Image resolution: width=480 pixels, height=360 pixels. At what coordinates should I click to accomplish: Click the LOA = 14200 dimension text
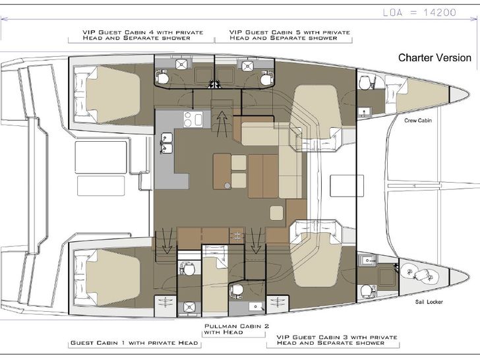click(x=419, y=13)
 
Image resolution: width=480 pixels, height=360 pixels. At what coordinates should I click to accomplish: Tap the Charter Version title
click(x=435, y=57)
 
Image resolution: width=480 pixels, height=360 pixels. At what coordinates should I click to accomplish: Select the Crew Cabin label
click(x=418, y=121)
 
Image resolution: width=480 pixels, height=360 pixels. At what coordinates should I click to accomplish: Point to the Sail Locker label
click(x=429, y=302)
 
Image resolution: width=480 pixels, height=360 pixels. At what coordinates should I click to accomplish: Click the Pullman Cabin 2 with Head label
click(x=237, y=329)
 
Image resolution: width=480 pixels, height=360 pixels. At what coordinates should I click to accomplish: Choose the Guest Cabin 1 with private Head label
click(x=134, y=343)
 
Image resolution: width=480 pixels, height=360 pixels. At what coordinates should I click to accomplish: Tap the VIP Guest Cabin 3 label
click(x=337, y=340)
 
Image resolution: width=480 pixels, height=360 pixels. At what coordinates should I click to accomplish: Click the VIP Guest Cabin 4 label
click(x=142, y=35)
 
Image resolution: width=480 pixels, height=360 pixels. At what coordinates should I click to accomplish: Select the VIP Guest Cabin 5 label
click(x=289, y=35)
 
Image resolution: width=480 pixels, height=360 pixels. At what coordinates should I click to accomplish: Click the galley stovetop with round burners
click(x=193, y=119)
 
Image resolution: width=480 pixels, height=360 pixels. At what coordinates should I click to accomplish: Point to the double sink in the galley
click(x=166, y=143)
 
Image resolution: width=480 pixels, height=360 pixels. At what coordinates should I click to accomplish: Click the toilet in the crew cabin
click(x=365, y=82)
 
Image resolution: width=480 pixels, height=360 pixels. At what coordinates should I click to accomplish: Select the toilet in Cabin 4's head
click(x=162, y=78)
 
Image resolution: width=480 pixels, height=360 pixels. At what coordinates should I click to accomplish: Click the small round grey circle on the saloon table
click(x=227, y=185)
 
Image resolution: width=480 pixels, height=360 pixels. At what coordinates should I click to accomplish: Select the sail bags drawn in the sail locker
click(x=420, y=274)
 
